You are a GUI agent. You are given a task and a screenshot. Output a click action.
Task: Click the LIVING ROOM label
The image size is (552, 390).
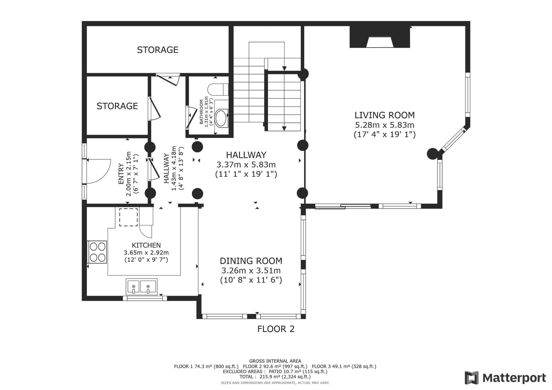(384, 115)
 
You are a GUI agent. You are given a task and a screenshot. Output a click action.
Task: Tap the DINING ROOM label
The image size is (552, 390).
(251, 261)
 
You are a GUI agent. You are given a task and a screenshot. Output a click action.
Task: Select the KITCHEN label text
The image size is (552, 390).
(146, 245)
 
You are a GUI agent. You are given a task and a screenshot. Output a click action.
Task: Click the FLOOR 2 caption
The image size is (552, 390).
(276, 329)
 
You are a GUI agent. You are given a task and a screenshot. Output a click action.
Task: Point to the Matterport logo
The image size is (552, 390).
(505, 378)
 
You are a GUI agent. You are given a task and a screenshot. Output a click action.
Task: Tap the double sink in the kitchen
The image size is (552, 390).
(141, 287)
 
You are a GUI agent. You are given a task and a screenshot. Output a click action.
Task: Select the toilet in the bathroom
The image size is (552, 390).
(218, 89)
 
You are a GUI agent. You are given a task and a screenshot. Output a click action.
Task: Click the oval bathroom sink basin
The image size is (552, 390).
(221, 118)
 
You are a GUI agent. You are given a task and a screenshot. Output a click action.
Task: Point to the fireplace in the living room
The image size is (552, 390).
(380, 37)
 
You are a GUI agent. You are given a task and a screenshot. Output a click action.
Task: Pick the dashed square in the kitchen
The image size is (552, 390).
(128, 217)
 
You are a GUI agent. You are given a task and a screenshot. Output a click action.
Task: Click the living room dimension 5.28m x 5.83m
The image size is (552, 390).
(384, 125)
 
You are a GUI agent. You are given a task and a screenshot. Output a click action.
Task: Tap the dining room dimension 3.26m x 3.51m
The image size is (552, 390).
(251, 270)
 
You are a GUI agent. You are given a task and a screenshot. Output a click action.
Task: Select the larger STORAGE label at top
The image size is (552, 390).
(158, 50)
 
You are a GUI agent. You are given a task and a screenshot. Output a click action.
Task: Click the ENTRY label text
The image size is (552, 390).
(121, 174)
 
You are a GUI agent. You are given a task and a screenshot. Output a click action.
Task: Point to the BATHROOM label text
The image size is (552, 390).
(201, 112)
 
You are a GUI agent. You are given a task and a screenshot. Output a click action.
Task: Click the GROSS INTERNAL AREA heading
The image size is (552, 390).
(275, 361)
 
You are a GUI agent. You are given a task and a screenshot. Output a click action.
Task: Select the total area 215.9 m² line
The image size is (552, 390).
(275, 377)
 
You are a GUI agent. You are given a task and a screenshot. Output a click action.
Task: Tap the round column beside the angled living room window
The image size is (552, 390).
(433, 154)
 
